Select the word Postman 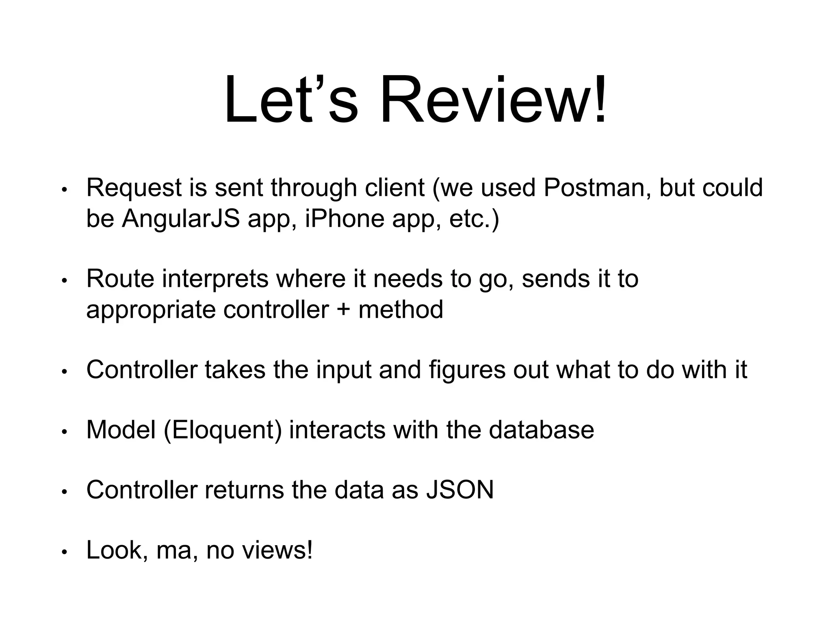click(x=594, y=188)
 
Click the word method click(x=401, y=310)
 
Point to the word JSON click(x=460, y=490)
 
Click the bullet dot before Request click(x=64, y=190)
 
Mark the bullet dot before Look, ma click(x=64, y=552)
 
